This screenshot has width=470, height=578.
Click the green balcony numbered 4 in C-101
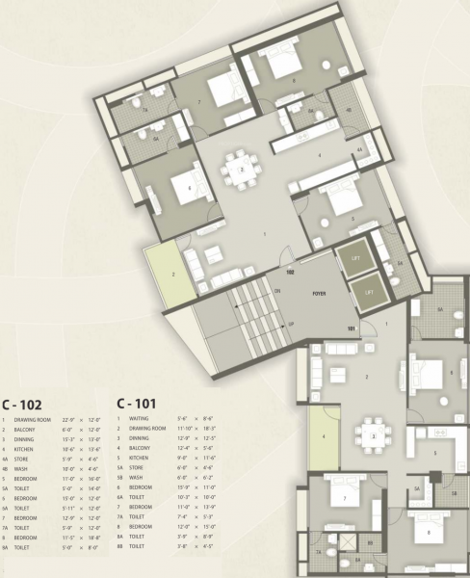326,437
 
